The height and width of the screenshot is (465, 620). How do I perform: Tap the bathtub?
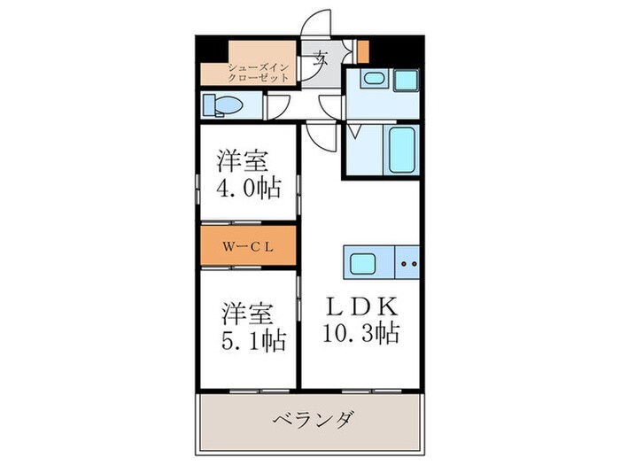point(402,150)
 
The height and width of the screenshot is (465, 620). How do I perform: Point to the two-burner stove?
point(407,263)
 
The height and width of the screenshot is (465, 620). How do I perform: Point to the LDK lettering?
point(362,306)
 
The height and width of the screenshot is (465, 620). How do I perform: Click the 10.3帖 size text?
point(363,334)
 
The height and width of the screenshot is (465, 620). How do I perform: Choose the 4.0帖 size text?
point(248,188)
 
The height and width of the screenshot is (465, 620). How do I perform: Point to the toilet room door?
point(276,107)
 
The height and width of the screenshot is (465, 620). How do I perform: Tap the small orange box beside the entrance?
point(362,50)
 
